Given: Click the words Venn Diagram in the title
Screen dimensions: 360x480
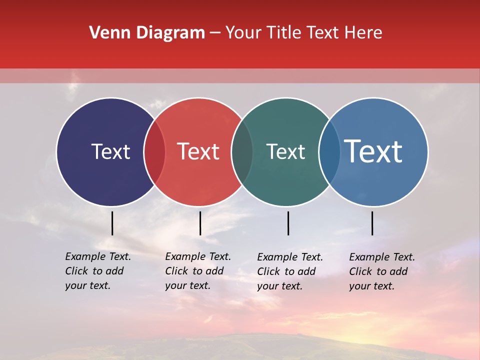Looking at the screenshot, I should [147, 33].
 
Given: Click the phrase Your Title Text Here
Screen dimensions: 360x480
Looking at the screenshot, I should [303, 33].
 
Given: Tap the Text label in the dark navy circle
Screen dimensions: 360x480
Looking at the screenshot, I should [110, 151].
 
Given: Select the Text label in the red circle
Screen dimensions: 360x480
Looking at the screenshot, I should [198, 151].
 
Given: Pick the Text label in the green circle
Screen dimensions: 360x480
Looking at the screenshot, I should [285, 151].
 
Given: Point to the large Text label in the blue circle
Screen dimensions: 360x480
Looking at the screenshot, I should [373, 151].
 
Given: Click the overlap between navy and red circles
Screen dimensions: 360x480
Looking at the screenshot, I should [154, 152].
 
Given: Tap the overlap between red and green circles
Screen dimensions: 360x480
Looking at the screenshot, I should [242, 152].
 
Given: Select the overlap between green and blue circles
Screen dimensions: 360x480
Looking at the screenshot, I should [329, 152].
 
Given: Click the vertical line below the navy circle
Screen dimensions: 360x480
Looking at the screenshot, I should [112, 223].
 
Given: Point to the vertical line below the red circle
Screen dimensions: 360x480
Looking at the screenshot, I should [200, 223].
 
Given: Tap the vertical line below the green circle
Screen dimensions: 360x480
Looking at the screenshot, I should [288, 223].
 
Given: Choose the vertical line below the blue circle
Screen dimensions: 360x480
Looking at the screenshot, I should [372, 223].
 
